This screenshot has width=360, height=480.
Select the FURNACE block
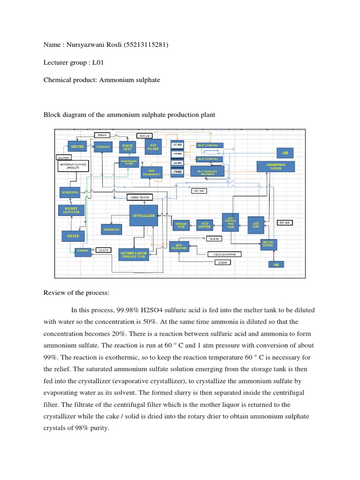coord(103,147)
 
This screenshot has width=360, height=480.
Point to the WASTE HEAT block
coord(127,147)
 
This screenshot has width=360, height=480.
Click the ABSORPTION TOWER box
coord(276,166)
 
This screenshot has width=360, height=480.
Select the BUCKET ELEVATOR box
coord(72,210)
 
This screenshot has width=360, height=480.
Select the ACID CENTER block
coord(204,225)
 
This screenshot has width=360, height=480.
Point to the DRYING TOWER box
coord(267,244)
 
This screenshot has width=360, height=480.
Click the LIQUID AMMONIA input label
coord(225,254)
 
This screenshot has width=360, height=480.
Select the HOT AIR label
coord(144,135)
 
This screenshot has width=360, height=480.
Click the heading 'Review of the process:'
coord(76,293)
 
